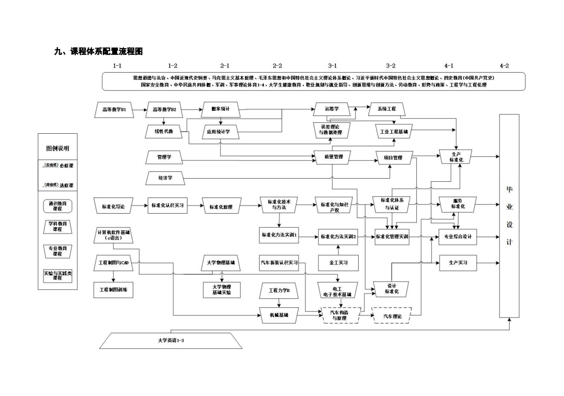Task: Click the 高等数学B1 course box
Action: point(114,110)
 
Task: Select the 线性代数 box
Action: point(163,131)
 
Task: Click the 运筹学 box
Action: point(332,109)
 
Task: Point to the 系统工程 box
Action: point(386,109)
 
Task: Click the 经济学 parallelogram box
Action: point(165,178)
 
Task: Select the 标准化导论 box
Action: point(113,206)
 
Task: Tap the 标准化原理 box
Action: point(221,207)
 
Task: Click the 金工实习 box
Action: point(338,263)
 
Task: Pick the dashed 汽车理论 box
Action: point(392,316)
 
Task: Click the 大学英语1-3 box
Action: point(171,341)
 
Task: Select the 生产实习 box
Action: point(457,263)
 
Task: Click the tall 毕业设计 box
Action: point(509,215)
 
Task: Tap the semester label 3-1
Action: point(332,66)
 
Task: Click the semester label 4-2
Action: point(504,66)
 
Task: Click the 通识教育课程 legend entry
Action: point(57,206)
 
